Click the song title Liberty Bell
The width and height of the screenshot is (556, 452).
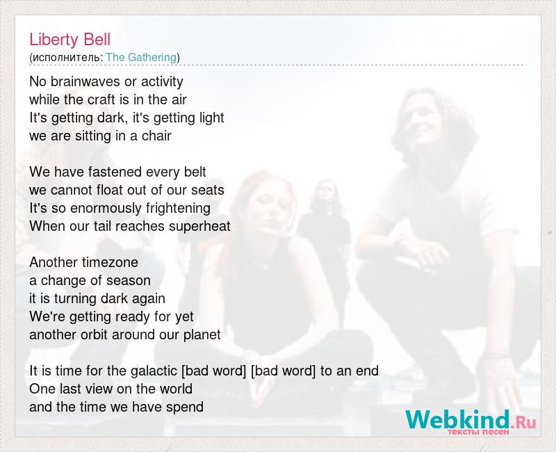point(70,40)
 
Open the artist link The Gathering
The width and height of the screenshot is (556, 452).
point(141,57)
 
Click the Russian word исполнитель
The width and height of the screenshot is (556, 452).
point(66,58)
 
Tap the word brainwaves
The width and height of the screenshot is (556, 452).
point(85,81)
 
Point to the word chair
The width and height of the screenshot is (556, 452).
point(156,136)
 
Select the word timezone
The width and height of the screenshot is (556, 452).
point(111,263)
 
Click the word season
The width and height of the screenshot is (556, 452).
point(129,281)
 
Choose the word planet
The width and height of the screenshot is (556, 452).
point(202,335)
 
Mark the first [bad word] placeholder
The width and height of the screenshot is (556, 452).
point(213,371)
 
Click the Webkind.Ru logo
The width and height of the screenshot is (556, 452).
point(471,421)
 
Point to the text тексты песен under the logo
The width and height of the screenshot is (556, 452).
point(478,432)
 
